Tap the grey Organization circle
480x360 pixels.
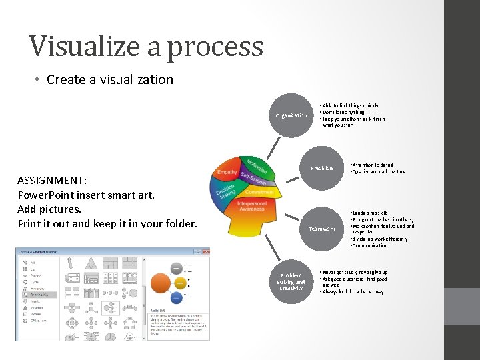click(291, 115)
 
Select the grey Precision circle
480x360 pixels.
click(321, 168)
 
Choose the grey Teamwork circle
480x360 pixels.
click(321, 229)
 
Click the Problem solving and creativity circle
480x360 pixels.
click(291, 281)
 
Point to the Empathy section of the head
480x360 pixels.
click(227, 173)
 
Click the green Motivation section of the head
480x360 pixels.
click(255, 166)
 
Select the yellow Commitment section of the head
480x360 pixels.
click(259, 191)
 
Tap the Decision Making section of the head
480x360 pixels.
click(225, 191)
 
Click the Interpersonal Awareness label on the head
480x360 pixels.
click(252, 207)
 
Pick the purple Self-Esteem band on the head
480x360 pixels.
click(253, 179)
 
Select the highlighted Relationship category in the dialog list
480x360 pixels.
click(40, 294)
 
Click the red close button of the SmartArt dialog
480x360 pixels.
click(205, 251)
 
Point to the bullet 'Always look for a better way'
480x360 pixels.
click(353, 291)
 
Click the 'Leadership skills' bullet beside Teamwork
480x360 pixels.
click(371, 213)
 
